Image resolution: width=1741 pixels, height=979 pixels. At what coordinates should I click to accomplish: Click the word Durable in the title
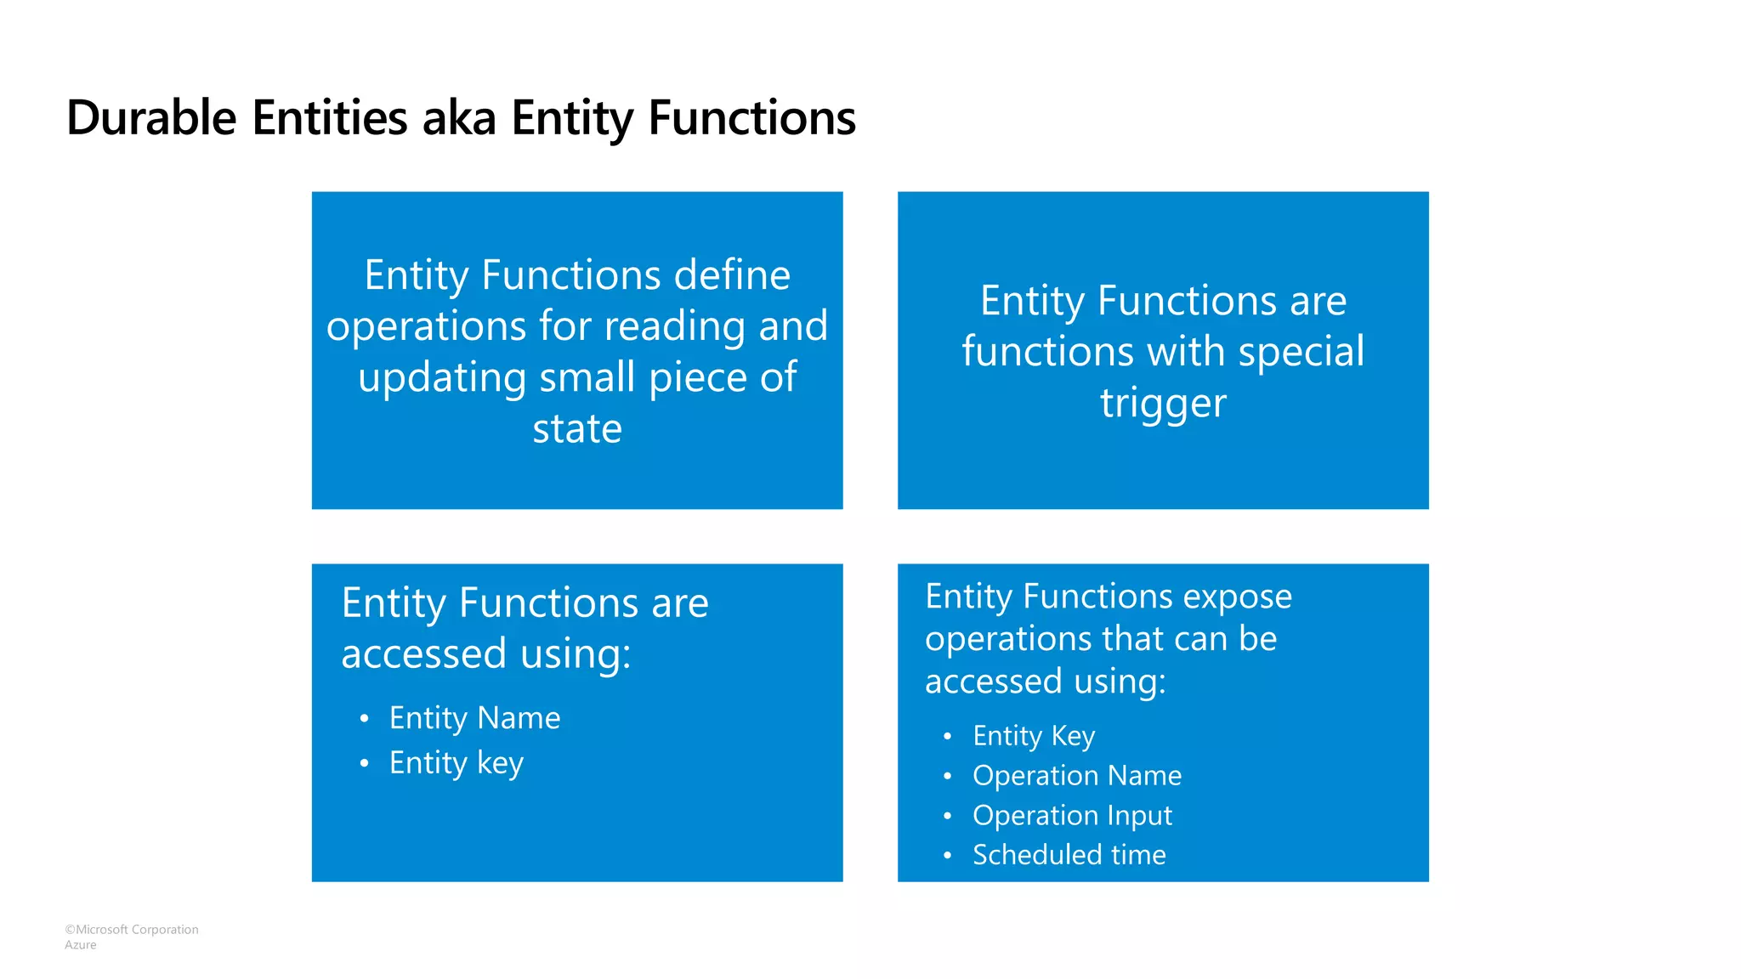[x=151, y=117]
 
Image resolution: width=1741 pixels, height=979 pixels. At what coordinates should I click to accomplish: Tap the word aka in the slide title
[x=459, y=117]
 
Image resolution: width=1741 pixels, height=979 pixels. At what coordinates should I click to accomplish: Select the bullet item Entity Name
[x=474, y=718]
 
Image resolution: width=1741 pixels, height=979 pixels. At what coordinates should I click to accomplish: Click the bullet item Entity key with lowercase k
[x=456, y=763]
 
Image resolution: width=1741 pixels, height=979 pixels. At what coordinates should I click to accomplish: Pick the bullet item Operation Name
[x=1076, y=775]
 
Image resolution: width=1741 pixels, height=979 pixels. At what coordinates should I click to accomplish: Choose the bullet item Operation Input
[x=1072, y=815]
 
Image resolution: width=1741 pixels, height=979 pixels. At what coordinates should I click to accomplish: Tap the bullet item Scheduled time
[x=1069, y=854]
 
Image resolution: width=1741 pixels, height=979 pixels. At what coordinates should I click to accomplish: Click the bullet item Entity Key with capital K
[x=1034, y=735]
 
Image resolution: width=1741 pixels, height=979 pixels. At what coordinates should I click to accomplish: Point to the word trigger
[x=1163, y=403]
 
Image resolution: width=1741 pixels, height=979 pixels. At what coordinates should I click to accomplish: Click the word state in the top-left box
[x=577, y=428]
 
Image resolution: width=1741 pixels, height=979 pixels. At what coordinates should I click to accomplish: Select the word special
[x=1301, y=352]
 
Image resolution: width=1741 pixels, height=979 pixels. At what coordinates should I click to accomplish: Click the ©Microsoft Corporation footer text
[x=132, y=930]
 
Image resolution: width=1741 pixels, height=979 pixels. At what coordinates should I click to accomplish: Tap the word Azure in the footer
[x=81, y=945]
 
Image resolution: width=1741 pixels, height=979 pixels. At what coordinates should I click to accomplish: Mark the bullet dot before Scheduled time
[x=947, y=855]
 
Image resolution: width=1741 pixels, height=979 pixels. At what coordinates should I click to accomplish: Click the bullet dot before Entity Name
[x=364, y=719]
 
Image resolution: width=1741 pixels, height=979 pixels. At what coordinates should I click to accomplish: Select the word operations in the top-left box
[x=426, y=327]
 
